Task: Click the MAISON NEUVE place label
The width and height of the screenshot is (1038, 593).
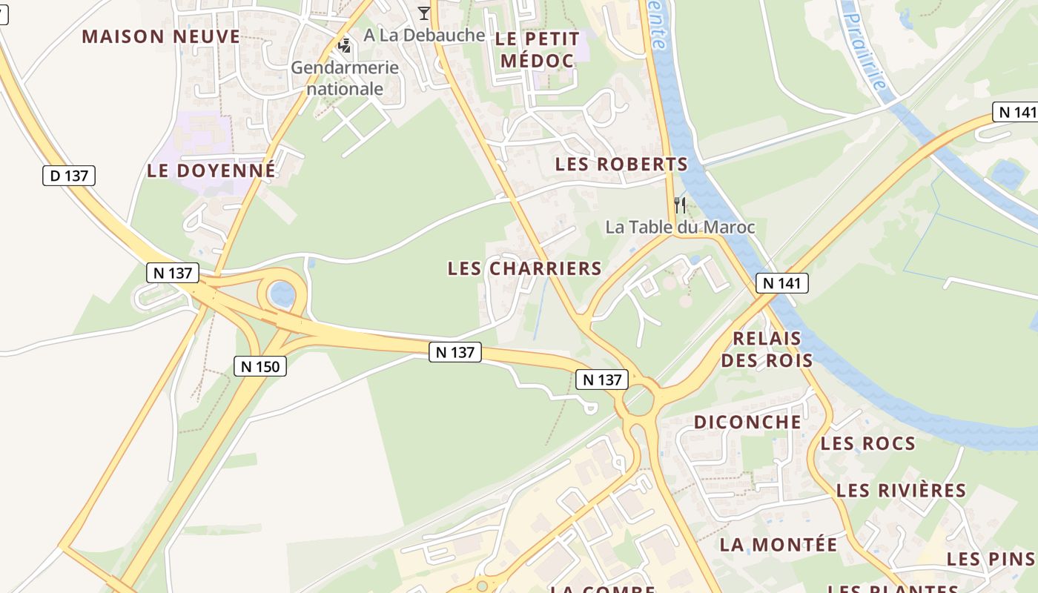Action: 161,36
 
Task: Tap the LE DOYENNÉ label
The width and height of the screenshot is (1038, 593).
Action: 211,170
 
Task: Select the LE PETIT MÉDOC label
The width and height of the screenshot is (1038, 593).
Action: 538,49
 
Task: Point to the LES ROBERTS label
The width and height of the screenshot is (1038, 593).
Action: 621,165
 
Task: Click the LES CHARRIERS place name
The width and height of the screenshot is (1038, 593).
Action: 524,268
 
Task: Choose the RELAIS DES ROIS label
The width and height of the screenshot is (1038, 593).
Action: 767,350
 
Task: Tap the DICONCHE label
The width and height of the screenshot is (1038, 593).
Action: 747,423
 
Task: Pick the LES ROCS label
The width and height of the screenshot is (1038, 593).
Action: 867,444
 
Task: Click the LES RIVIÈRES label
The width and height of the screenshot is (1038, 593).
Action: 901,491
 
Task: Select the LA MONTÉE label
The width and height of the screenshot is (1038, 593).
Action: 778,545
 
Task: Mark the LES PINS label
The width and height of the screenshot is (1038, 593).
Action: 991,559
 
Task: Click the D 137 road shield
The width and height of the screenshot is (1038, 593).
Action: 69,176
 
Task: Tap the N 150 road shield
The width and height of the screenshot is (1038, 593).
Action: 259,365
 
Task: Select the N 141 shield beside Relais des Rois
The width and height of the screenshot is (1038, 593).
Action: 782,282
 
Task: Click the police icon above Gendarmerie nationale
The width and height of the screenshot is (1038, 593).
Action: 344,46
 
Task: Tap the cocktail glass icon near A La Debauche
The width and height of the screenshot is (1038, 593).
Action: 423,13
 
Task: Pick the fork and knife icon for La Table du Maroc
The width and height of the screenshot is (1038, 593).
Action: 679,205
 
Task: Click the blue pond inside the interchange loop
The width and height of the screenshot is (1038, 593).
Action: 282,294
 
